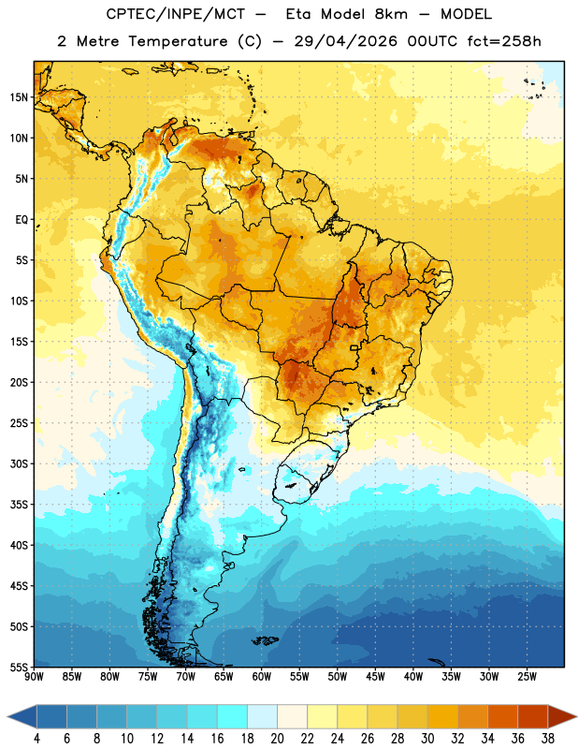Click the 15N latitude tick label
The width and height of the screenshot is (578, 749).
pos(19,97)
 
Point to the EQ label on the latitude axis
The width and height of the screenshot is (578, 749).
pos(22,220)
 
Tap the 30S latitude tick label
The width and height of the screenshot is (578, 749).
pos(19,463)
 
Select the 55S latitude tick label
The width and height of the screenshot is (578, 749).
pos(19,667)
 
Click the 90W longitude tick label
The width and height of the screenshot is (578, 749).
pos(34,677)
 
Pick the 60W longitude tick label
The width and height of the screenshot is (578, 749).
pos(262,677)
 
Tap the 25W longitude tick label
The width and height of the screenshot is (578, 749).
pos(527,677)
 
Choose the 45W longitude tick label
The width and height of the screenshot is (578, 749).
pos(375,677)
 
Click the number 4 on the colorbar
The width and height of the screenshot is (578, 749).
pos(36,739)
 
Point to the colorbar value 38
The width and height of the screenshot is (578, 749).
pos(548,739)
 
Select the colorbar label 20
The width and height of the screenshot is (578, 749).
pos(277,739)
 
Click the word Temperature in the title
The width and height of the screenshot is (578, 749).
pos(178,41)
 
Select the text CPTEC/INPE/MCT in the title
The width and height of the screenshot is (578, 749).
pos(176,14)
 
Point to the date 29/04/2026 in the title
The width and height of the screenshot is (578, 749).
pos(345,41)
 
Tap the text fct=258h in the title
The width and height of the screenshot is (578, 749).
pos(504,41)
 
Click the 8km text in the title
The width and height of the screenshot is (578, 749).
pos(391,14)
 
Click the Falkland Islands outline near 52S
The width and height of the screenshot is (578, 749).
pos(266,640)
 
